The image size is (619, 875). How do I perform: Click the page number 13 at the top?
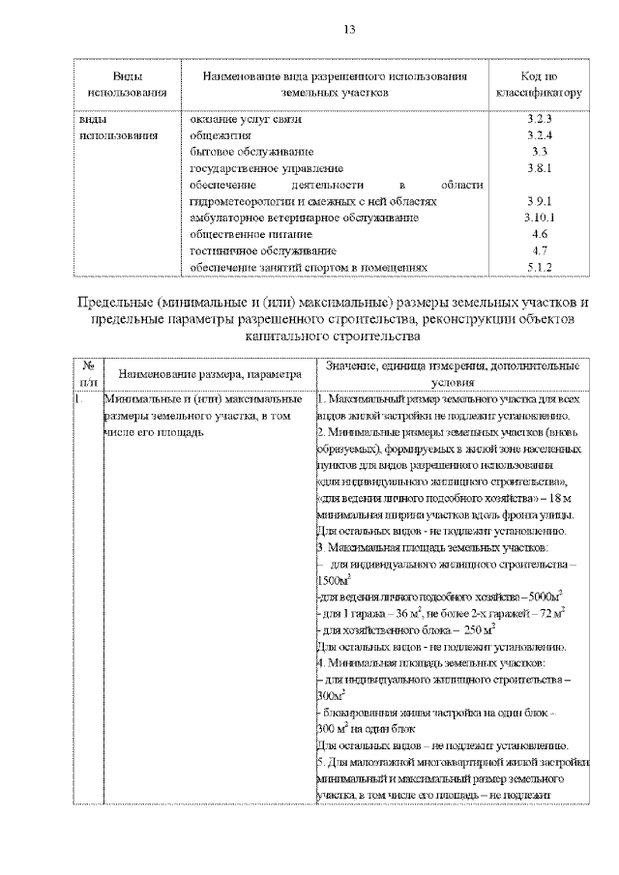click(x=309, y=29)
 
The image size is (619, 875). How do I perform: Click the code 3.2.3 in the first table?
click(x=539, y=119)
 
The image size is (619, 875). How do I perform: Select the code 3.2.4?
click(x=539, y=135)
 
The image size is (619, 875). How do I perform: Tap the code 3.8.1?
click(x=539, y=168)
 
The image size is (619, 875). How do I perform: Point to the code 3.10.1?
click(x=539, y=219)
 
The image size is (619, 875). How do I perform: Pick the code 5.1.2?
click(x=539, y=268)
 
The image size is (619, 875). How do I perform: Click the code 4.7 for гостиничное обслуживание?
click(x=540, y=251)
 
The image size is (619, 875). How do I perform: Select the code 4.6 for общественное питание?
click(x=540, y=235)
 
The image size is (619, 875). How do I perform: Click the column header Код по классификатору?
click(x=539, y=85)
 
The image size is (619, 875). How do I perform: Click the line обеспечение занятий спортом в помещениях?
click(x=308, y=268)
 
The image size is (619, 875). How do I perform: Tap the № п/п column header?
click(x=88, y=373)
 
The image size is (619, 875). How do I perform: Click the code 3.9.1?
click(x=539, y=202)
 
